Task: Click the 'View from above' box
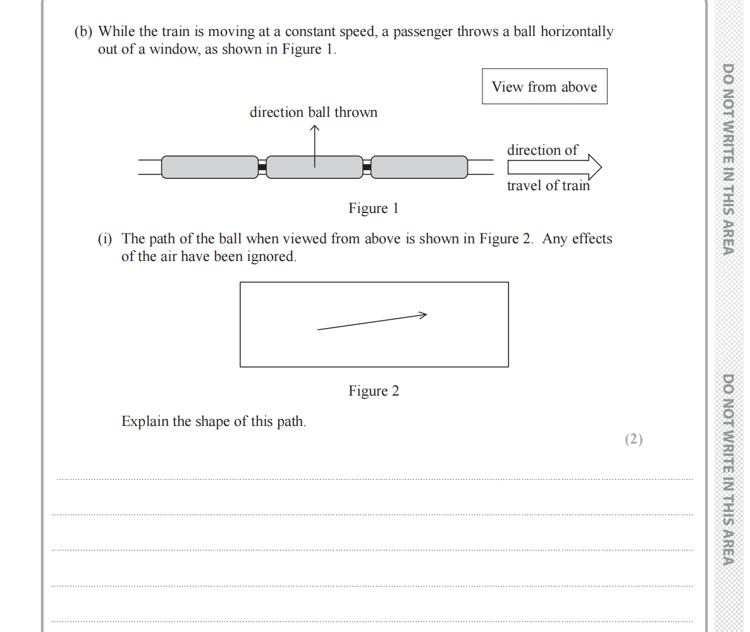(544, 87)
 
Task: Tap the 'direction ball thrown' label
(314, 112)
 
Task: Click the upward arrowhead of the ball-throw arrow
(315, 128)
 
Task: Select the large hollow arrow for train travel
(554, 167)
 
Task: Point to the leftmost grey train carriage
(210, 167)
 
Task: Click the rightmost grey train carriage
(419, 167)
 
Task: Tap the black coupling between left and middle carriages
(262, 167)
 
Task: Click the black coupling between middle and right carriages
(367, 167)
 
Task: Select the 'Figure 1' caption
(373, 209)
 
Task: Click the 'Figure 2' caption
(374, 391)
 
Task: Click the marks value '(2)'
(634, 439)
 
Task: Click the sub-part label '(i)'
(105, 239)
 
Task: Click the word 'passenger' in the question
(422, 32)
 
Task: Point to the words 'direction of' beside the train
(542, 150)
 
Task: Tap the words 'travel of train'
(548, 186)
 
